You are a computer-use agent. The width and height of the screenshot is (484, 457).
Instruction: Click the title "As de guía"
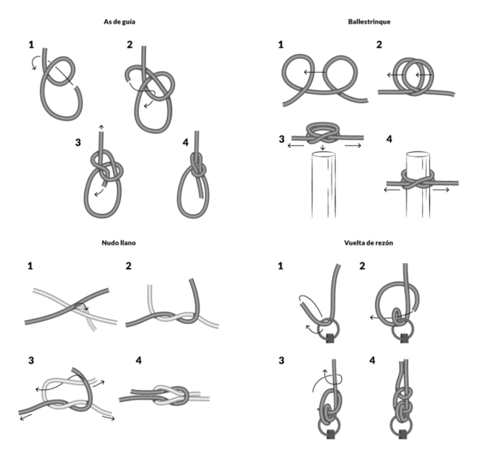(119, 22)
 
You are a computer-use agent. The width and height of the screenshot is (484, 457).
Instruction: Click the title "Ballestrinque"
(369, 22)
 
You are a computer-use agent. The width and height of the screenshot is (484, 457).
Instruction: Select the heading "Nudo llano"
(119, 243)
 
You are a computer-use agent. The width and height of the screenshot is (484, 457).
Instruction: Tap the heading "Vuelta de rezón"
(369, 243)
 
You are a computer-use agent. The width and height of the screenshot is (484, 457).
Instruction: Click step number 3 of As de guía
(78, 142)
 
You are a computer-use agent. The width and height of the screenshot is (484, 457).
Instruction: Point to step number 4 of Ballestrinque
(390, 139)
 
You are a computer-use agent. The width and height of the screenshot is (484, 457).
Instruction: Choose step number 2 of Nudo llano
(129, 266)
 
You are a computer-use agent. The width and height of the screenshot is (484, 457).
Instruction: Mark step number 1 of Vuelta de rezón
(280, 266)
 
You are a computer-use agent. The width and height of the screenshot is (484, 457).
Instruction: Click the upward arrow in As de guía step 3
(102, 128)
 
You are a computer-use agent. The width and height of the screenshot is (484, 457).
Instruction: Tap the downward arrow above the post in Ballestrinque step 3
(323, 147)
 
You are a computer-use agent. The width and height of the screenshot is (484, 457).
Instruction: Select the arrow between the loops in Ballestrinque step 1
(315, 73)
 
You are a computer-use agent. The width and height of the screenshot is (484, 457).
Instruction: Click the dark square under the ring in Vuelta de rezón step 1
(330, 338)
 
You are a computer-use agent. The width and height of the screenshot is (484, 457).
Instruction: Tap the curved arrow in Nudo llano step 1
(81, 306)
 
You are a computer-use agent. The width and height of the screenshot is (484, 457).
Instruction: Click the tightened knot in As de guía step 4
(198, 166)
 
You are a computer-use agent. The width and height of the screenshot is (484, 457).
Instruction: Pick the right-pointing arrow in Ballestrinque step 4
(440, 190)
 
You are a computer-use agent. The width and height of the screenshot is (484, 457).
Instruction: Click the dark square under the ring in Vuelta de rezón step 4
(403, 434)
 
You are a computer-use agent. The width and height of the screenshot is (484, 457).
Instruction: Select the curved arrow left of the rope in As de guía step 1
(35, 62)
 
